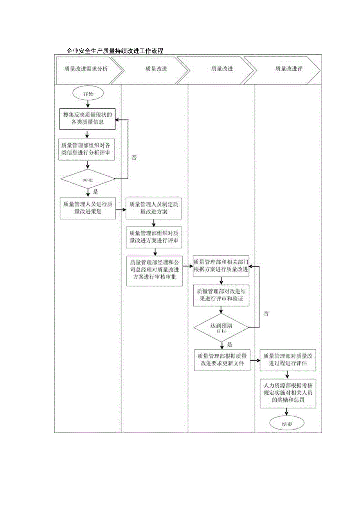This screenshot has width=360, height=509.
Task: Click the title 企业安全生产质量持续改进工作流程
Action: pyautogui.click(x=115, y=51)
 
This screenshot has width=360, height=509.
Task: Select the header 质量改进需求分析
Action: pyautogui.click(x=86, y=69)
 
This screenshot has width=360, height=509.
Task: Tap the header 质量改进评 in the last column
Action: pyautogui.click(x=288, y=69)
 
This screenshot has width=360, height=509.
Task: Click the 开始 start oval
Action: pyautogui.click(x=88, y=94)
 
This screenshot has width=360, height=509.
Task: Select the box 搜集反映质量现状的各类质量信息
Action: pyautogui.click(x=88, y=119)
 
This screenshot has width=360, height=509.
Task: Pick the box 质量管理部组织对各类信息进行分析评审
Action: pyautogui.click(x=87, y=149)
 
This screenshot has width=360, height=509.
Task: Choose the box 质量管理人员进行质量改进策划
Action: pyautogui.click(x=88, y=208)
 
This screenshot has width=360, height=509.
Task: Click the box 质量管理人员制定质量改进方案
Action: pyautogui.click(x=154, y=208)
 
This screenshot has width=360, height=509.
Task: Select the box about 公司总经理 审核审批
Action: pyautogui.click(x=154, y=271)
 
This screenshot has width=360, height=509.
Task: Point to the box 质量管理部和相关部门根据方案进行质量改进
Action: pyautogui.click(x=221, y=266)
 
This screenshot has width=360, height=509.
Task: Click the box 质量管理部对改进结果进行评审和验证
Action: pyautogui.click(x=221, y=295)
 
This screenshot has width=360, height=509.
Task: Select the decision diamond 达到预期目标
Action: pyautogui.click(x=221, y=327)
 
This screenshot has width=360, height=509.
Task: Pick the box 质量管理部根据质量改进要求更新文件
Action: pyautogui.click(x=222, y=360)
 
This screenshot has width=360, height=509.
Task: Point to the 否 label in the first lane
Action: pyautogui.click(x=134, y=158)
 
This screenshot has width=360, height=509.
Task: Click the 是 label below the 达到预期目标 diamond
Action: pyautogui.click(x=230, y=345)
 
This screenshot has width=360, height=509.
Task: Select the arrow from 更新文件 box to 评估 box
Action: pyautogui.click(x=255, y=360)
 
